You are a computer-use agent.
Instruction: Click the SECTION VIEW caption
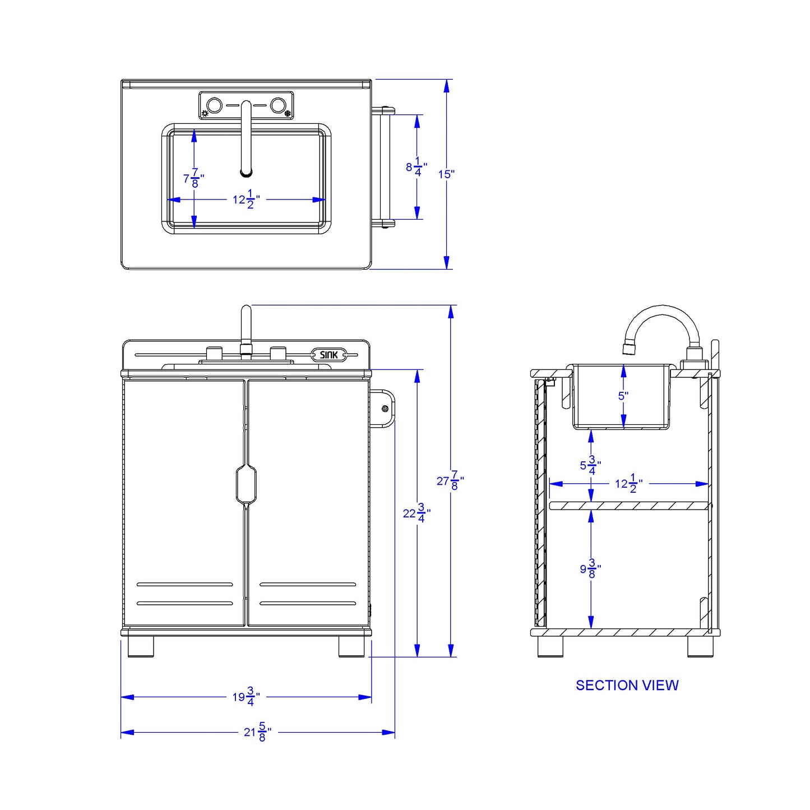point(627,685)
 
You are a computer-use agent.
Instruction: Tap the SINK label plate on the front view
point(328,355)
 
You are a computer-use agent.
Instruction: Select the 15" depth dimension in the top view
point(446,174)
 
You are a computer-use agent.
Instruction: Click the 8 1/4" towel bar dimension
point(416,167)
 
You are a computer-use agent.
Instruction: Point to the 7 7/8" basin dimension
point(193,179)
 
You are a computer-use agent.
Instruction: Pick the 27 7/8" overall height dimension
point(450,480)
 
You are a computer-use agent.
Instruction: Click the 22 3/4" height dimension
point(416,513)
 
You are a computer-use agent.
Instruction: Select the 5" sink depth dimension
point(623,396)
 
